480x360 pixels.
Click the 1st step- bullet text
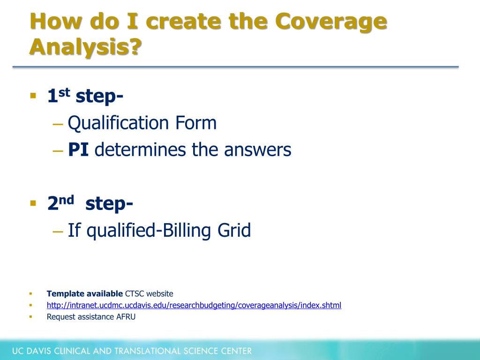[x=85, y=96]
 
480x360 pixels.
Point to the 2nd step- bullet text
[x=90, y=203]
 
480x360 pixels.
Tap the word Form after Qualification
[x=196, y=123]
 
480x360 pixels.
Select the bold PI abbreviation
[x=79, y=150]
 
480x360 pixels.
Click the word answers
[x=257, y=150]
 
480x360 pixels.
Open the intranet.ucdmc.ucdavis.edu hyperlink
[x=194, y=305]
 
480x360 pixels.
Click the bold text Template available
[x=84, y=294]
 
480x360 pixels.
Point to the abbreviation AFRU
[x=126, y=317]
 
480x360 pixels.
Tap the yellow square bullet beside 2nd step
[x=33, y=203]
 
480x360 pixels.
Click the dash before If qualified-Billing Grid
[x=57, y=231]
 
